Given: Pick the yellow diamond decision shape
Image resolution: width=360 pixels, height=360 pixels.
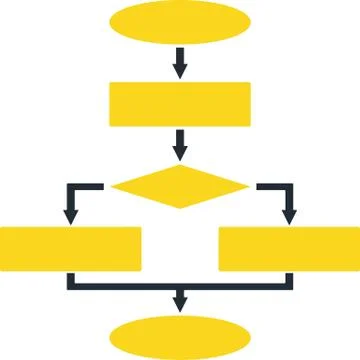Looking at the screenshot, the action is point(180,185).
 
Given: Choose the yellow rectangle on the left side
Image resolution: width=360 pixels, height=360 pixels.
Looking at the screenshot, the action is point(70,249).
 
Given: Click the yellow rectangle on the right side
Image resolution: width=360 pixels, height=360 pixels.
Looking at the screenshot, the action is point(289,249).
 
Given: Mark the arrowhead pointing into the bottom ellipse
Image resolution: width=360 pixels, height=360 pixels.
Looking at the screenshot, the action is point(180,301).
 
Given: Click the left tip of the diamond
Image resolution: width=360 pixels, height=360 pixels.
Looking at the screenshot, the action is point(113,185).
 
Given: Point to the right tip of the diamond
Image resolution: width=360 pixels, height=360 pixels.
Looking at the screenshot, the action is point(248,185).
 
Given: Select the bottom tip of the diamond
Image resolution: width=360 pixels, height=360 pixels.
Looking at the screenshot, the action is point(180,208).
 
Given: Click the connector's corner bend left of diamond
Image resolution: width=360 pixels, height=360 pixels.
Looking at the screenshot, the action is point(71,186).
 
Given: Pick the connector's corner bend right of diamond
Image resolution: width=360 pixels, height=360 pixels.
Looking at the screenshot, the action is point(289,186).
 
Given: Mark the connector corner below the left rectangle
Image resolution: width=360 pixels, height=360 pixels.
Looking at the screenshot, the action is point(71,286).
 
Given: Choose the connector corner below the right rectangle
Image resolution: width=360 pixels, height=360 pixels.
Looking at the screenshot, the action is point(289,286).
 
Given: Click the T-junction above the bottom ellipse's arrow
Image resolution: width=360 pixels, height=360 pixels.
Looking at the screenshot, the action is point(180,286).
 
